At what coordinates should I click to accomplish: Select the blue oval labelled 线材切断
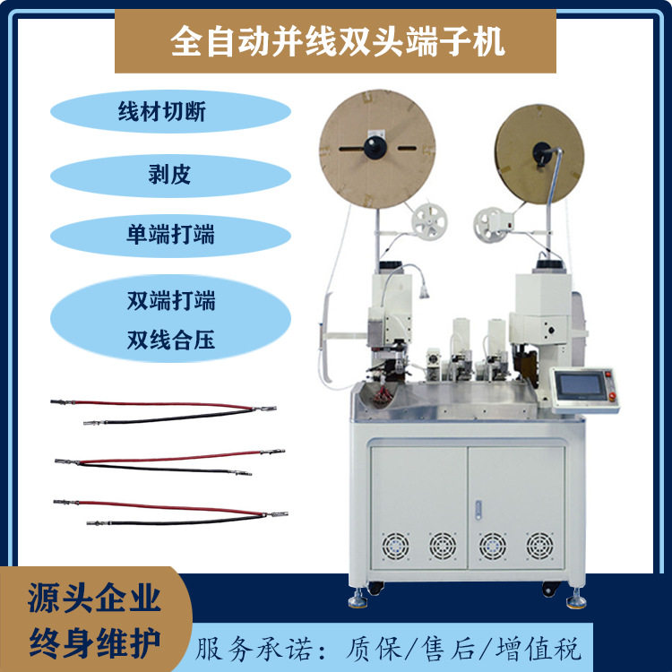coord(170,113)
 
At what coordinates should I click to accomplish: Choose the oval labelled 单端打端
coord(170,235)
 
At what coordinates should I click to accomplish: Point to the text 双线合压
coord(170,340)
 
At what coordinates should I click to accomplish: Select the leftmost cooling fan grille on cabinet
coord(395,544)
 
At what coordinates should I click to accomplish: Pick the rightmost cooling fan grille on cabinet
coord(538,544)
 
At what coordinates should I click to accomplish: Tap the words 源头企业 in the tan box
coord(94,598)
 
